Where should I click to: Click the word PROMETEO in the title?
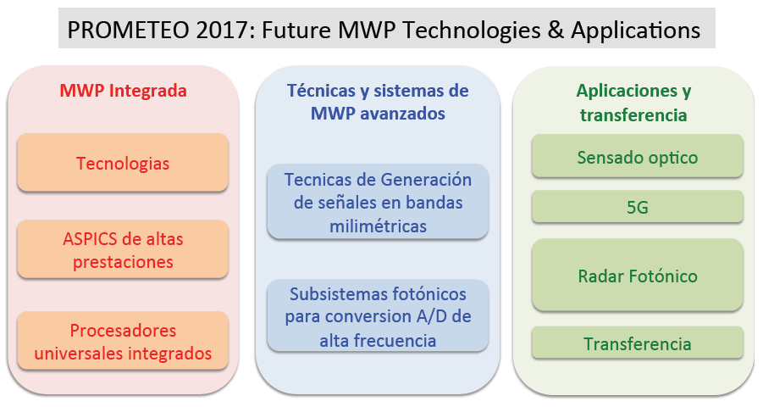coord(128,30)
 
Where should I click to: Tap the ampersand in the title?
coord(556,30)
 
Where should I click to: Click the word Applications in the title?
coord(635,31)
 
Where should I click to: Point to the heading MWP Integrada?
coord(123,91)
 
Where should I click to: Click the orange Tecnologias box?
coord(123,163)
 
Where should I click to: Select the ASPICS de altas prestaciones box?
coord(123,249)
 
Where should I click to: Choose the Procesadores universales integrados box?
coord(123,341)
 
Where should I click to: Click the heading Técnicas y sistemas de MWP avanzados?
coord(378,102)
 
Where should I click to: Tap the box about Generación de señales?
coord(378,202)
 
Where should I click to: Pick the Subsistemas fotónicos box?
coord(378,316)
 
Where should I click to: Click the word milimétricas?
coord(378,226)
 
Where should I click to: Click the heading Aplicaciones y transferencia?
coord(633,103)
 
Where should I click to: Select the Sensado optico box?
coord(638,156)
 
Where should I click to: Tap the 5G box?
coord(638,207)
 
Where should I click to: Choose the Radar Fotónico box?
coord(638,275)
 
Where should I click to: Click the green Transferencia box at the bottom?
coord(638,343)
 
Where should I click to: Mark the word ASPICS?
coord(90,239)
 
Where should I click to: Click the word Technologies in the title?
coord(472,31)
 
